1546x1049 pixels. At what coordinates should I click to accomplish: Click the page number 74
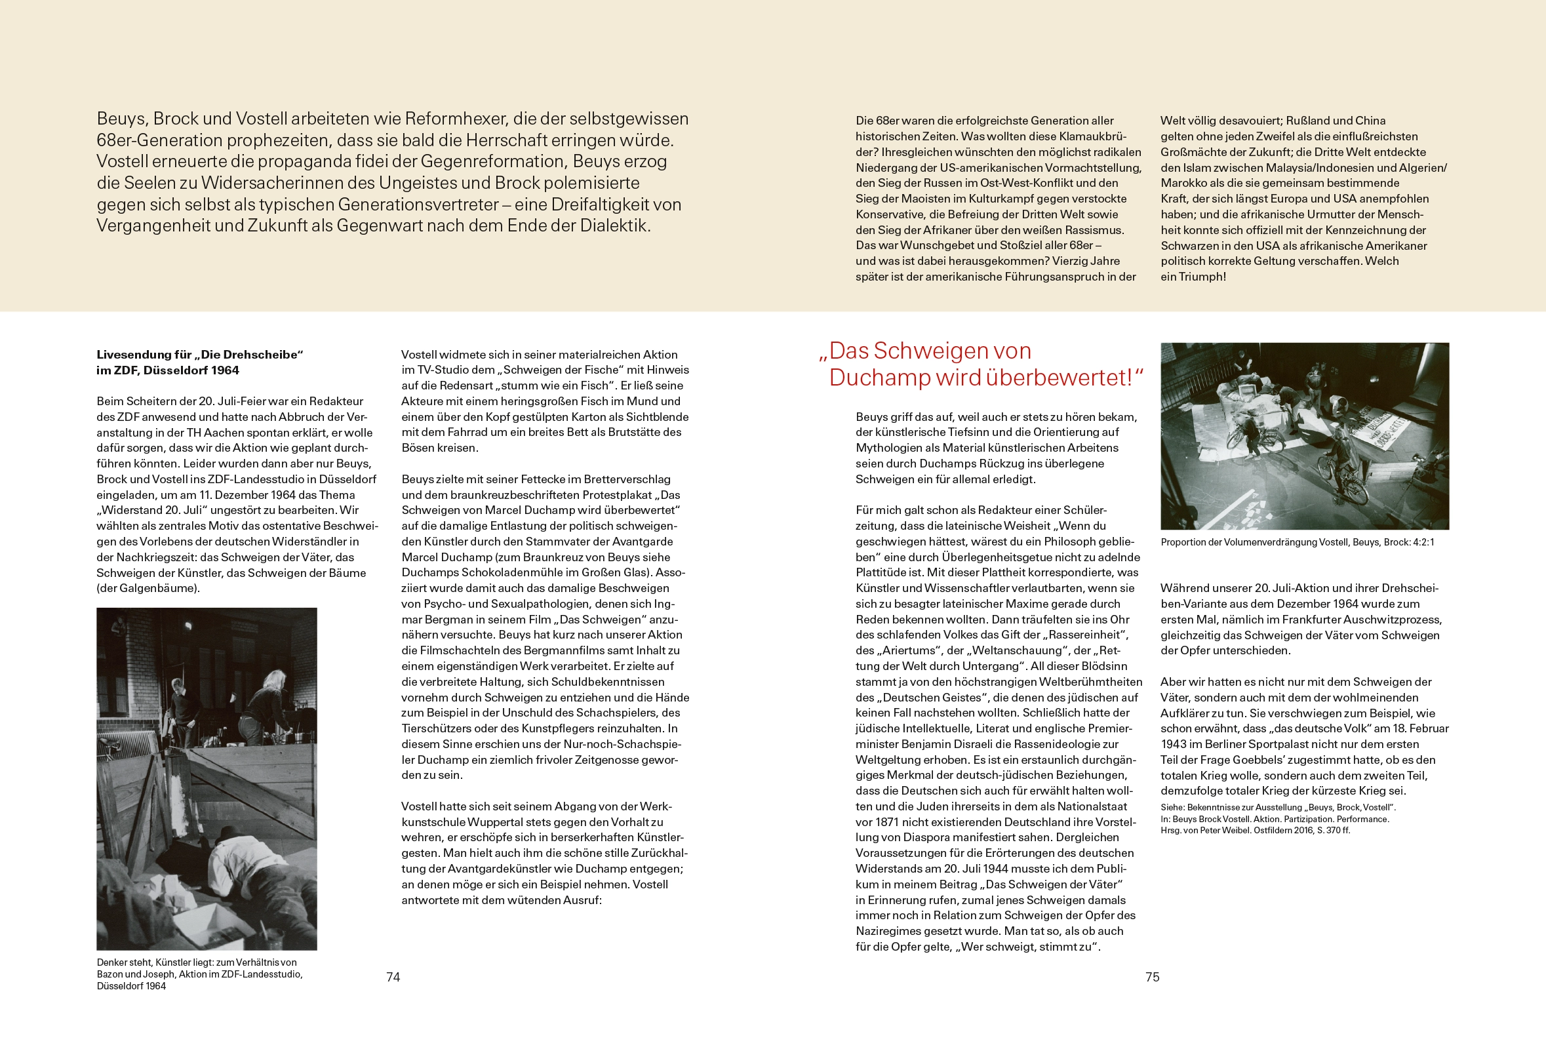click(x=393, y=976)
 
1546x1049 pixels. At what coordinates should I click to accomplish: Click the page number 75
click(x=1152, y=976)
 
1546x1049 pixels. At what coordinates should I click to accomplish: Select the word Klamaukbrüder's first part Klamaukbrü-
click(x=1093, y=136)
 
